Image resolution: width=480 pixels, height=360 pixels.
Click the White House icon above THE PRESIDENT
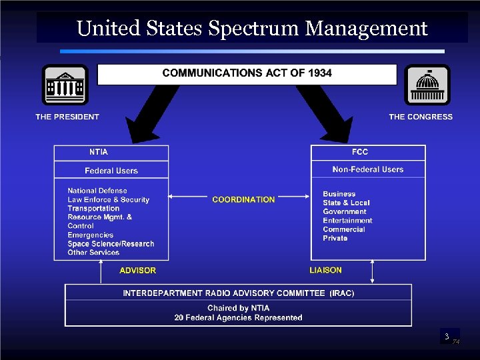pyautogui.click(x=65, y=85)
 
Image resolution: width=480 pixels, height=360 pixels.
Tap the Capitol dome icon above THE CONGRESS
pyautogui.click(x=427, y=85)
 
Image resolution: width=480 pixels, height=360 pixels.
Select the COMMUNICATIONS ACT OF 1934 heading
pyautogui.click(x=247, y=73)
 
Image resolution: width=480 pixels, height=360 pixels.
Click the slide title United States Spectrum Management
pyautogui.click(x=252, y=29)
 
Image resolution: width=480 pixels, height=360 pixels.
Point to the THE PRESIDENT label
pyautogui.click(x=67, y=117)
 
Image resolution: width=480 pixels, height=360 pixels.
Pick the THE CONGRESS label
pyautogui.click(x=421, y=117)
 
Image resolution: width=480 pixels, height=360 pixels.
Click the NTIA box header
pyautogui.click(x=99, y=152)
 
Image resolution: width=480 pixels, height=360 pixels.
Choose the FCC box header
pyautogui.click(x=360, y=152)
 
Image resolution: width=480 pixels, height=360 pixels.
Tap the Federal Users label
pyautogui.click(x=111, y=171)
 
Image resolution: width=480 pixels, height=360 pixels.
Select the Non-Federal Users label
pyautogui.click(x=368, y=169)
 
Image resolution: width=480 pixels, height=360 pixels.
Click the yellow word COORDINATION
pyautogui.click(x=243, y=199)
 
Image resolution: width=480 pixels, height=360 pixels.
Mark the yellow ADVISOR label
pyautogui.click(x=138, y=271)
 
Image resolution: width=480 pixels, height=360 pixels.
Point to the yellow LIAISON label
pyautogui.click(x=326, y=270)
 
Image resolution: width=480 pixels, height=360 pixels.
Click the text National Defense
pyautogui.click(x=97, y=191)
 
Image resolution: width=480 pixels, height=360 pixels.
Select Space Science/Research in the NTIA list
pyautogui.click(x=111, y=244)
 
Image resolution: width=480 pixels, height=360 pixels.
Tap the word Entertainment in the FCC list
pyautogui.click(x=347, y=221)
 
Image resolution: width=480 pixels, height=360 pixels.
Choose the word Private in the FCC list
pyautogui.click(x=335, y=238)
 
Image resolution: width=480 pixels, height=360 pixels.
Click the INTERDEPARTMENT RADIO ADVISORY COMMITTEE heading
pyautogui.click(x=239, y=293)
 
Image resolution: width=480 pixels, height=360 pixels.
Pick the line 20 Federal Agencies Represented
pyautogui.click(x=238, y=318)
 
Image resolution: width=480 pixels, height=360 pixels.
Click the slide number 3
pyautogui.click(x=447, y=337)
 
